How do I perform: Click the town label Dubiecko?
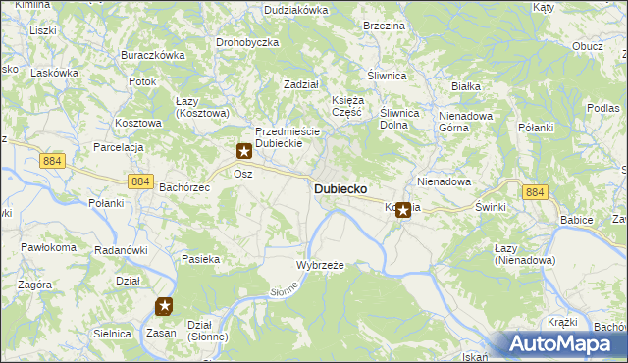[x=340, y=188]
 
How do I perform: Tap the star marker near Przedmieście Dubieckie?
[x=243, y=152]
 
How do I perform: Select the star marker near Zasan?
[x=165, y=307]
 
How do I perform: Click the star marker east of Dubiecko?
[x=402, y=209]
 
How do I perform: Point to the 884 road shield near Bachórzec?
[x=140, y=181]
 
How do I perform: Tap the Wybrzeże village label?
[x=320, y=266]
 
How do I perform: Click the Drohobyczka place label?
[x=247, y=43]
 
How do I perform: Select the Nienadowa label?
[x=445, y=181]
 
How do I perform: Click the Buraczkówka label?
[x=152, y=56]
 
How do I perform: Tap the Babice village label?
[x=576, y=220]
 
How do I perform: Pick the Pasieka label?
[x=200, y=260]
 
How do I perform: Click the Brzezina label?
[x=384, y=26]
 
